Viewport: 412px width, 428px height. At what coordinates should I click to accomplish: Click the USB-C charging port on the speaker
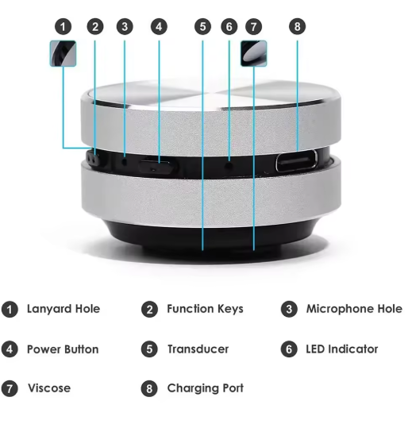[x=296, y=162]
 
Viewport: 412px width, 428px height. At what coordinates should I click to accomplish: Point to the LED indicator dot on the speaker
[x=229, y=164]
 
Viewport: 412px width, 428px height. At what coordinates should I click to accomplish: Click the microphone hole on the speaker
[x=125, y=162]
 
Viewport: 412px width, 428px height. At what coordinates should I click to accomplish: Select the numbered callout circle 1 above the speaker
[x=64, y=27]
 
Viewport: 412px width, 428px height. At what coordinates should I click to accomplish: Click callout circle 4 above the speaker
[x=159, y=27]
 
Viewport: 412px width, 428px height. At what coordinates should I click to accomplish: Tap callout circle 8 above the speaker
[x=297, y=27]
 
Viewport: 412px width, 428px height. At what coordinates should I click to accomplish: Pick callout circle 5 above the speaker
[x=202, y=27]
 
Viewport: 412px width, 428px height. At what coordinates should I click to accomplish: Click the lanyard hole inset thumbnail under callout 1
[x=63, y=53]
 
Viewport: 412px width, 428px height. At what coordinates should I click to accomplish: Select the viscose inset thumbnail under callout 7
[x=253, y=53]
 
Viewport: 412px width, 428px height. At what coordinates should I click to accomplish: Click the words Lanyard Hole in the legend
[x=64, y=309]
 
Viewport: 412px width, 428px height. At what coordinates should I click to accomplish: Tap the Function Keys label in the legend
[x=205, y=309]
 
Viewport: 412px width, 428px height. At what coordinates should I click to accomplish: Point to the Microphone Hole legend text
[x=354, y=309]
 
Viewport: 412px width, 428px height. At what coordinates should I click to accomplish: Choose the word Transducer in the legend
[x=198, y=349]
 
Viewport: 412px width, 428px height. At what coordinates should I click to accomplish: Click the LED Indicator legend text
[x=342, y=349]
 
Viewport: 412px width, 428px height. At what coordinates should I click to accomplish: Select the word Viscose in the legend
[x=49, y=388]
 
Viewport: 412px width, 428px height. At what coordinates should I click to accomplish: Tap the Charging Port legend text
[x=205, y=388]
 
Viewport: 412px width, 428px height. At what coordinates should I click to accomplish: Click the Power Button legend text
[x=63, y=349]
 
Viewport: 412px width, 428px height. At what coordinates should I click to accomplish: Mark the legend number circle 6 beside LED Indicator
[x=289, y=349]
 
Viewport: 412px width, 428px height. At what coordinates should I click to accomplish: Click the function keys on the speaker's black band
[x=94, y=160]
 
